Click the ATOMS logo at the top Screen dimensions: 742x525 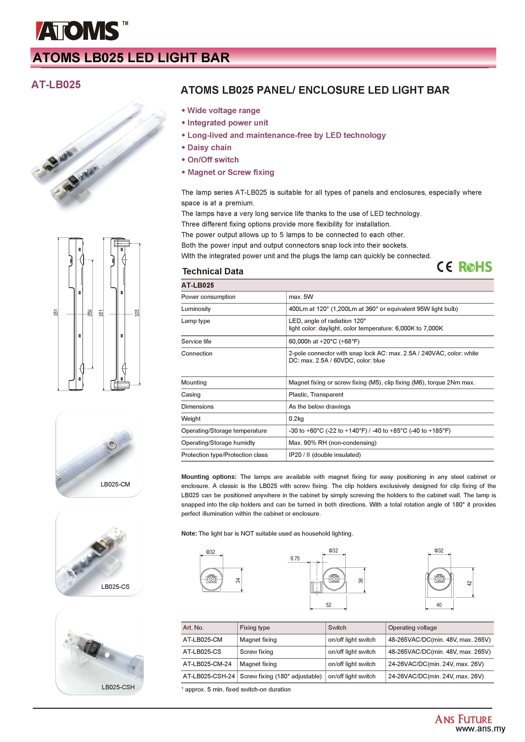tap(78, 31)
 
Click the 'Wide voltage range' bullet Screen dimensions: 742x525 tap(223, 111)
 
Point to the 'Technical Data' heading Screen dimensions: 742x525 tap(212, 271)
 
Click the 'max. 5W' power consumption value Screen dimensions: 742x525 tap(301, 297)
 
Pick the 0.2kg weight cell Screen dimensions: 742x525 tap(296, 419)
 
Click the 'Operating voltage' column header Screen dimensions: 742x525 tap(412, 628)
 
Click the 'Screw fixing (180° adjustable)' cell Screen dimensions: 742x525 tap(280, 676)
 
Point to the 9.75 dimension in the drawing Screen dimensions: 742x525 tap(295, 558)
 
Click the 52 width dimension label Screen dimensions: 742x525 tap(328, 605)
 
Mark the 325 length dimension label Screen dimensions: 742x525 tap(137, 313)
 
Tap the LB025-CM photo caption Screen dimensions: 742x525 tap(115, 484)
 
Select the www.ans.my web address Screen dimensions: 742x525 tap(480, 729)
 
